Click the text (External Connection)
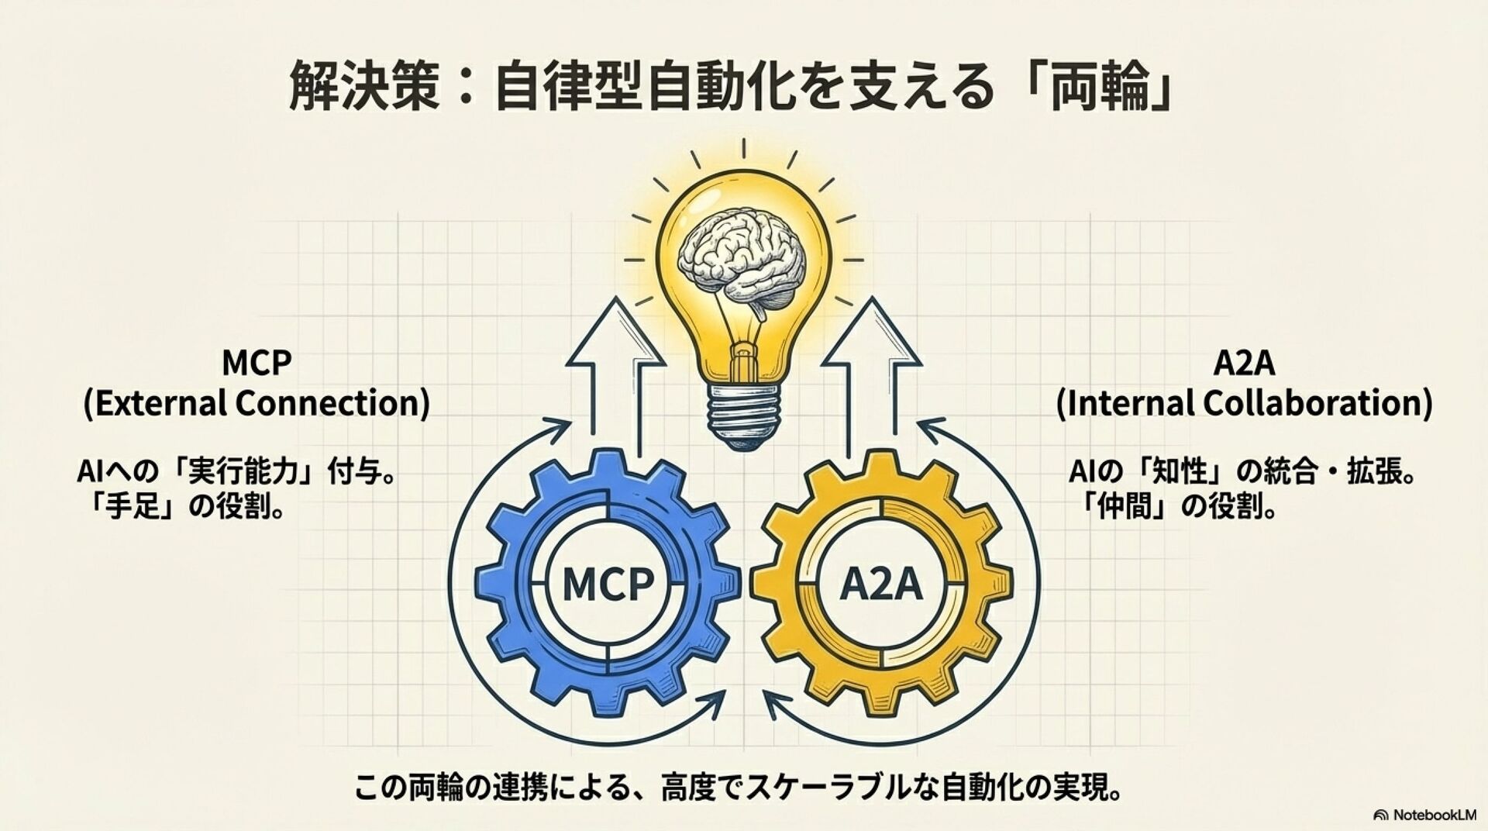(257, 404)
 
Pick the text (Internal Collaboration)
(1245, 404)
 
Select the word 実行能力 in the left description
(245, 471)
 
